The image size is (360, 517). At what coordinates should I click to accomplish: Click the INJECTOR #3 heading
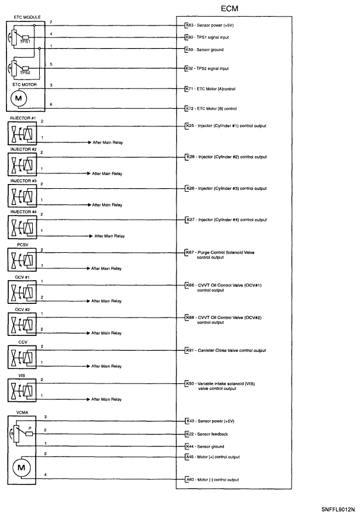coord(23,180)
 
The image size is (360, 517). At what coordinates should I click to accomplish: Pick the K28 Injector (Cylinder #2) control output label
coord(226,157)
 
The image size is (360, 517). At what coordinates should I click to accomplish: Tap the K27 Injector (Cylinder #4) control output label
coord(226,220)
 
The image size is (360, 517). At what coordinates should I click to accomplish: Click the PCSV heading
coord(23,243)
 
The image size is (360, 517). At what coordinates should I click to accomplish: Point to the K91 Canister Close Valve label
coord(225,350)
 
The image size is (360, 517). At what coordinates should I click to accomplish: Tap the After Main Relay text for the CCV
coord(106,367)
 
